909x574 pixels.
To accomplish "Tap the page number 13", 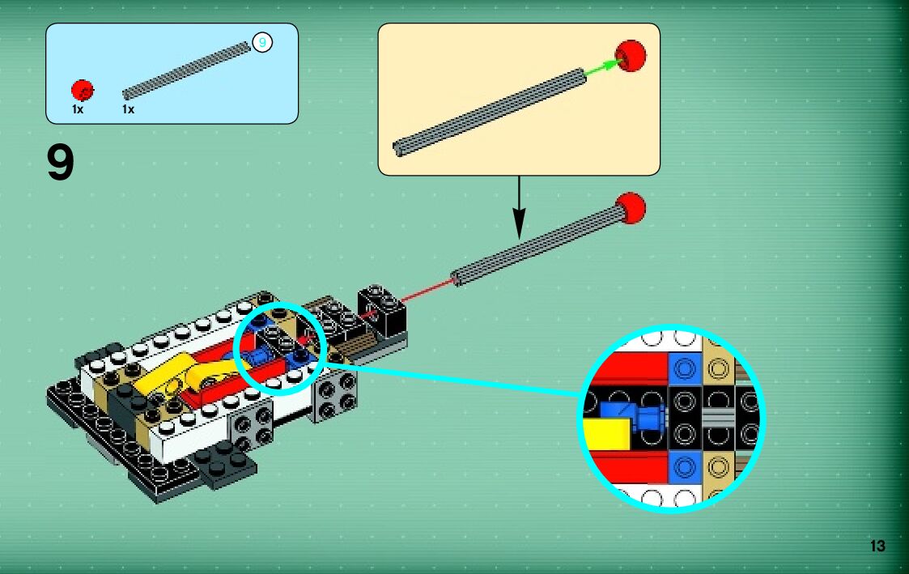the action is tap(877, 546).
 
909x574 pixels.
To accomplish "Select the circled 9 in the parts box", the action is tap(261, 42).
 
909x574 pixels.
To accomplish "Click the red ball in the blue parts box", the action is tap(82, 90).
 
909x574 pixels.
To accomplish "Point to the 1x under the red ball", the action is tap(78, 109).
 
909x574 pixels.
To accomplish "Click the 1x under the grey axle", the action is tap(128, 109).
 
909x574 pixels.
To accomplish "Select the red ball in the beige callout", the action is tap(631, 55).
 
